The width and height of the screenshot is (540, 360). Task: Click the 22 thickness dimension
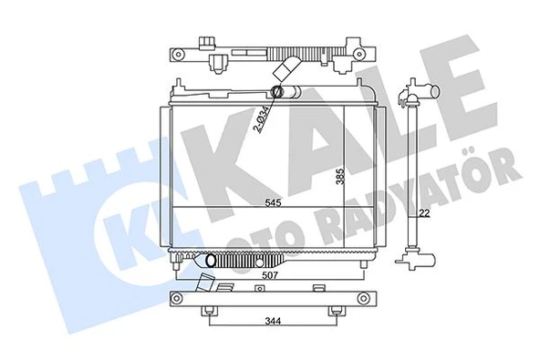(423, 214)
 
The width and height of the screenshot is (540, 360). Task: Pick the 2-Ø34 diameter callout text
(261, 119)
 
